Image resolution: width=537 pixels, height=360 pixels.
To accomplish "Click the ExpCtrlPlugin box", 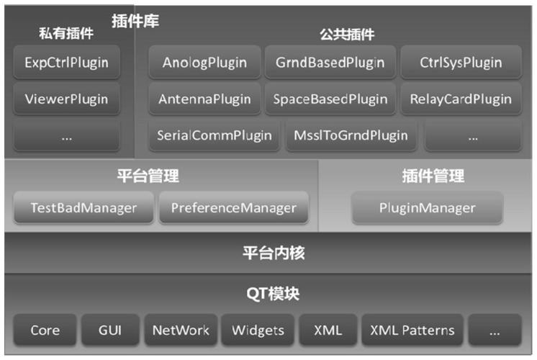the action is (x=66, y=63).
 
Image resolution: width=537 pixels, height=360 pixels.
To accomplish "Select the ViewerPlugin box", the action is (x=66, y=99).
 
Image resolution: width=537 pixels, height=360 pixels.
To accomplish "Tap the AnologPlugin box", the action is (x=204, y=63).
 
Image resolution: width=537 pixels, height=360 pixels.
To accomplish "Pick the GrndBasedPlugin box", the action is (x=330, y=63).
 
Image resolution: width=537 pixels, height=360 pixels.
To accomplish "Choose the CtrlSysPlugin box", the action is (x=461, y=63).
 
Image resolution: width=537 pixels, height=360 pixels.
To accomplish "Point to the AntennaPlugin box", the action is (x=204, y=99).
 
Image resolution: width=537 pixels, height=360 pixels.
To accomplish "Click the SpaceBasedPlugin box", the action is (x=330, y=99).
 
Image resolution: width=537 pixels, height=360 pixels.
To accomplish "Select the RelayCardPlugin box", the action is (x=461, y=99).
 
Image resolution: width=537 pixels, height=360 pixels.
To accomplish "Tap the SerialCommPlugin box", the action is (x=215, y=135).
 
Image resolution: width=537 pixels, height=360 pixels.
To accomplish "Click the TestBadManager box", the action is (x=84, y=208).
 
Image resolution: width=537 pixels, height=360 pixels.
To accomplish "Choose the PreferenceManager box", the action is (x=233, y=208).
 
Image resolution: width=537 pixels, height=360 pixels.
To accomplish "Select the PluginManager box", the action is (x=427, y=208).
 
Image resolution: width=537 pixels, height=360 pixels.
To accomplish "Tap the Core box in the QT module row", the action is (x=45, y=330).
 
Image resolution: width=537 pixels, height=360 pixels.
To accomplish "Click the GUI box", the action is (x=110, y=330).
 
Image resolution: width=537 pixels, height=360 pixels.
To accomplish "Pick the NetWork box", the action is (x=180, y=330).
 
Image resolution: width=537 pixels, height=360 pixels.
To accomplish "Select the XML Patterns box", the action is (x=412, y=330).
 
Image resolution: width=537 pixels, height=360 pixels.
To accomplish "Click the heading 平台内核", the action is (x=268, y=253).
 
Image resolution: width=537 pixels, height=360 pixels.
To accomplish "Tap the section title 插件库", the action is (x=135, y=21).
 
